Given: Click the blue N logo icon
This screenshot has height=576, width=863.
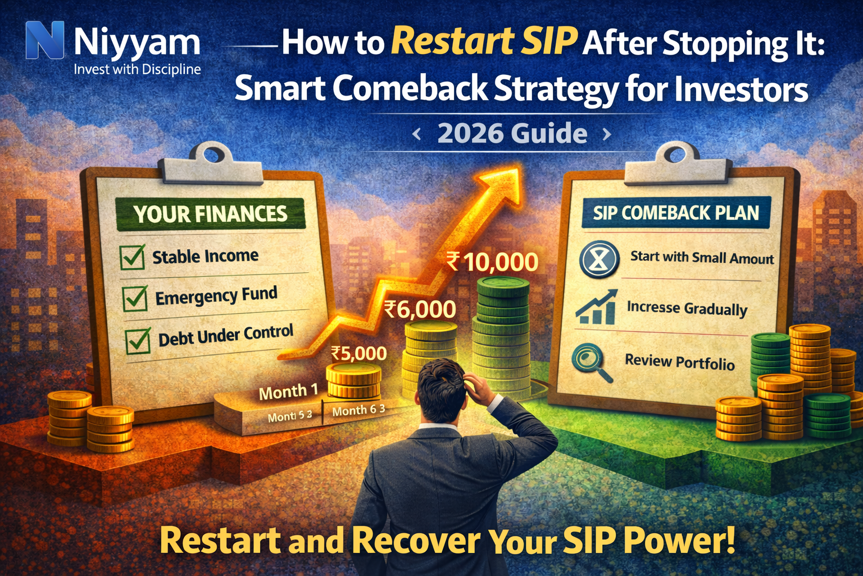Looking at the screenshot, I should pos(45,40).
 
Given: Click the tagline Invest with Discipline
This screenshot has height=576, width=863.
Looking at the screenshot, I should pos(137,70).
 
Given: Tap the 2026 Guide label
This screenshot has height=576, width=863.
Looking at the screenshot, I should pos(512,134).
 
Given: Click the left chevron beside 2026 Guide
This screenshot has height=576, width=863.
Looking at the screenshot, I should pos(416,134).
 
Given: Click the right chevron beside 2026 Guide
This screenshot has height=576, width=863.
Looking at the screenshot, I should pos(607,134).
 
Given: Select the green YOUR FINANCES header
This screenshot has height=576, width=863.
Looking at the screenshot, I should pos(210,214).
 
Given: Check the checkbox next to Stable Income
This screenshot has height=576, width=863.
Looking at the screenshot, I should pos(133,258).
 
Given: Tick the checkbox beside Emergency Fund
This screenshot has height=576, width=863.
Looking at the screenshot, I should pos(135,298).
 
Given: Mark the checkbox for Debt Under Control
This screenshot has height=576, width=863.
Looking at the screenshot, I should pos(138,340).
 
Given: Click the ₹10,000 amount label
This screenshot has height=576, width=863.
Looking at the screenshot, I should pos(492,262).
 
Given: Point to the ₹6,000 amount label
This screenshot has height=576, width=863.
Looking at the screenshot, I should pos(420,309).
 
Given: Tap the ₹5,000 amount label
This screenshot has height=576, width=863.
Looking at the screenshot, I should pos(358,353).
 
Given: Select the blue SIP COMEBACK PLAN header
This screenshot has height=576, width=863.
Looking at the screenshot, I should pos(676,213).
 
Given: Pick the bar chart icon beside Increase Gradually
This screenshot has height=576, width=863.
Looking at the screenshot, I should pos(597,308).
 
